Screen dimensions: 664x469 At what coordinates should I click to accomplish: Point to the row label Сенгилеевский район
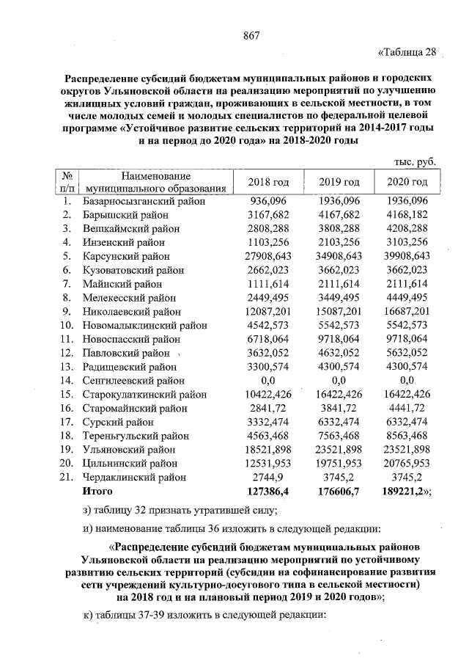133,381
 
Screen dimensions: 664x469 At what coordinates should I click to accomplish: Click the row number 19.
67,450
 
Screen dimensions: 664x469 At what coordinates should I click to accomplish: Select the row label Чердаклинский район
135,477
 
